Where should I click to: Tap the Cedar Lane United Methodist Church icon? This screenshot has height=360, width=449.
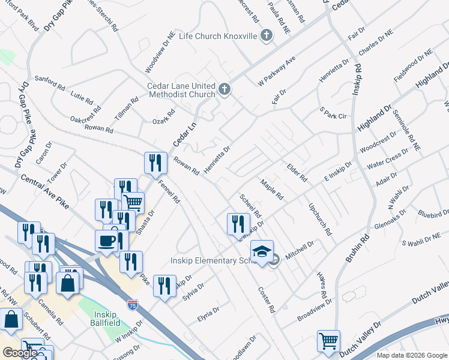pyautogui.click(x=224, y=90)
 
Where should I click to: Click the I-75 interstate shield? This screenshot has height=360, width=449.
pyautogui.click(x=133, y=305)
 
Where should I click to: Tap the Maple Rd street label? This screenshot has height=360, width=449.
pyautogui.click(x=271, y=190)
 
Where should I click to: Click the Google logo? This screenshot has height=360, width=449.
pyautogui.click(x=20, y=353)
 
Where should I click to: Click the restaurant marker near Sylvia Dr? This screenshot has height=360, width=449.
pyautogui.click(x=164, y=286)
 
